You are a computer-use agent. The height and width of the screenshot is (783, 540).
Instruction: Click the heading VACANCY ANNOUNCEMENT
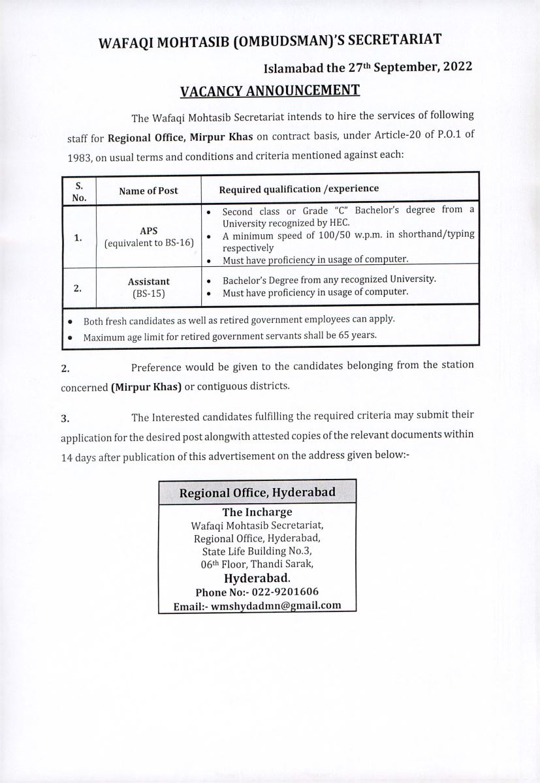270,90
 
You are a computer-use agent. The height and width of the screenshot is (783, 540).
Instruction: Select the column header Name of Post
148,191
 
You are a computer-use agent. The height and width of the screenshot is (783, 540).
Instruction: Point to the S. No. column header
78,191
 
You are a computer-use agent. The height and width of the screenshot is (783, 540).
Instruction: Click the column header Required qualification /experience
298,189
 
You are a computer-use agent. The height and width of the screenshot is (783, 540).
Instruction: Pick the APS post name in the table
148,231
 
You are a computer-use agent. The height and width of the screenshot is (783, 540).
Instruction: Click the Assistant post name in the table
148,281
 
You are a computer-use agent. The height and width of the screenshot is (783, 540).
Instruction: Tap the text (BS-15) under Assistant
148,294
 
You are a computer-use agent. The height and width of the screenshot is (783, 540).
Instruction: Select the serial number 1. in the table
78,238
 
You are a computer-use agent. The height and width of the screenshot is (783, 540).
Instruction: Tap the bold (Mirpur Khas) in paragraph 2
146,386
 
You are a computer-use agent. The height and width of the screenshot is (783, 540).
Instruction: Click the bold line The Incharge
257,512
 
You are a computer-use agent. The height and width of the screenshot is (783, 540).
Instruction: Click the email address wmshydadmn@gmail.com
276,605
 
